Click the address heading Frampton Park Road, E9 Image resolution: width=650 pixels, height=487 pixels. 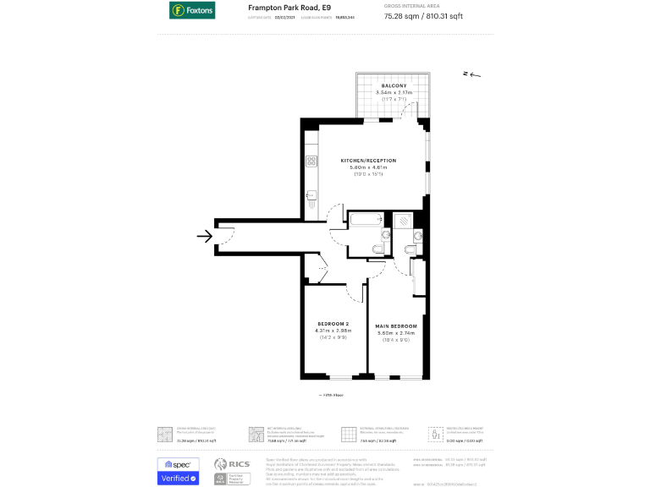(284, 8)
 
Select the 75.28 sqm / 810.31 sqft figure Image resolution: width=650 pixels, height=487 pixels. (424, 15)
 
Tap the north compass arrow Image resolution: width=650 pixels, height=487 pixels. (471, 74)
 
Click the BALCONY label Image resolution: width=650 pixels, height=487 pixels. (394, 86)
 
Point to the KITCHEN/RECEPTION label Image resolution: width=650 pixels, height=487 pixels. (368, 161)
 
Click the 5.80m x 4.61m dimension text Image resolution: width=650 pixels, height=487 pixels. (368, 167)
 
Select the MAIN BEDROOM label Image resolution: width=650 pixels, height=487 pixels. (397, 326)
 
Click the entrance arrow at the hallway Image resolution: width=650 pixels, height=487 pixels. (204, 236)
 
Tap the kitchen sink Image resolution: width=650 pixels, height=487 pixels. (311, 196)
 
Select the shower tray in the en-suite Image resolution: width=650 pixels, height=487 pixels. (405, 220)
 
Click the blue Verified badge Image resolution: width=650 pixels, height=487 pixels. (179, 479)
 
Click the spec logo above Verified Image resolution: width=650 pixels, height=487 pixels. (179, 464)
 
